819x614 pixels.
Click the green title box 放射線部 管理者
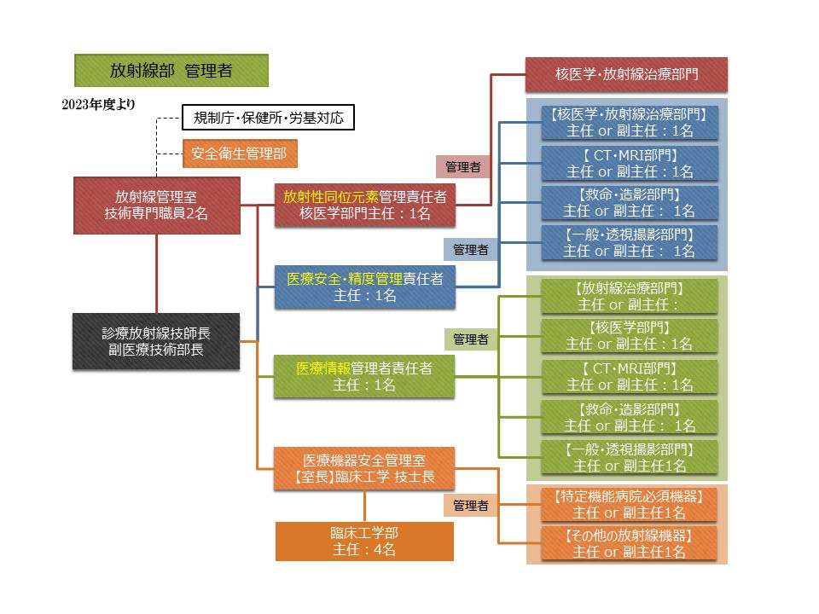click(x=171, y=71)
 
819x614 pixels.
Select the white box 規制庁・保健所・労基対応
click(x=268, y=118)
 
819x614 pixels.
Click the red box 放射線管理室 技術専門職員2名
click(x=156, y=205)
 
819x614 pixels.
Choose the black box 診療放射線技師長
click(x=156, y=342)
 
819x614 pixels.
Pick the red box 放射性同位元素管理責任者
click(x=365, y=205)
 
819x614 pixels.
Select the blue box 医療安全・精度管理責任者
click(x=365, y=287)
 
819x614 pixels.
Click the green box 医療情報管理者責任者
click(x=365, y=377)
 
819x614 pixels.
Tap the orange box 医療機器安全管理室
click(x=365, y=468)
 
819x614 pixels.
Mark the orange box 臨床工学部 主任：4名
click(x=365, y=541)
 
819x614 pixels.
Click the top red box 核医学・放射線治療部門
click(x=626, y=74)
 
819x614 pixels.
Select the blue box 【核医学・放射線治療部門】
click(x=630, y=122)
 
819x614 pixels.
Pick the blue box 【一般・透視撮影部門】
click(x=630, y=242)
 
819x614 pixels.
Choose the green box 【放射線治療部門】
click(x=630, y=295)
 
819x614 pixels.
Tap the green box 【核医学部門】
click(x=630, y=335)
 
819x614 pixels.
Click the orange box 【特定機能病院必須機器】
click(x=630, y=504)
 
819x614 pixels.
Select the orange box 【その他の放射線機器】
click(x=630, y=543)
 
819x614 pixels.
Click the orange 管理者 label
click(x=471, y=506)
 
